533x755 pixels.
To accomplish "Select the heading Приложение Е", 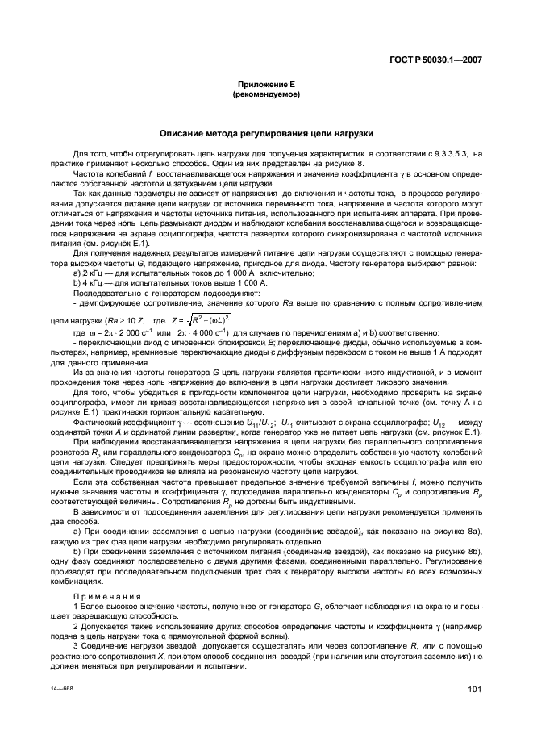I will click(265, 84).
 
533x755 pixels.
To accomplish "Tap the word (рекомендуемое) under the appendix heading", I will click(265, 93).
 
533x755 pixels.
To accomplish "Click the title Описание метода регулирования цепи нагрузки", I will click(265, 133).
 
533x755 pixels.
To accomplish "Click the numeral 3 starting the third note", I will click(75, 645).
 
